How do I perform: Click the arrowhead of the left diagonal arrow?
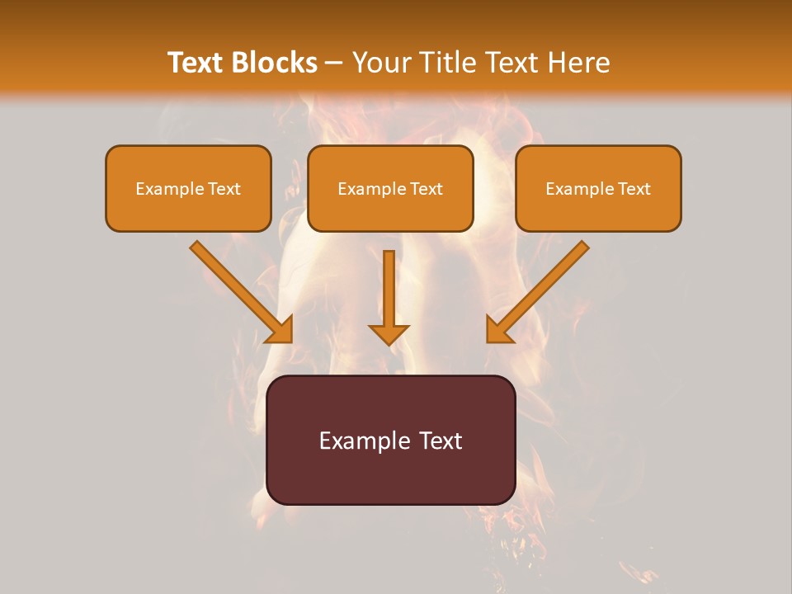click(281, 330)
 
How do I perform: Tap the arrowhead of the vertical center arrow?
click(389, 334)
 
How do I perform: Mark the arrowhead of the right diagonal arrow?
click(498, 330)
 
